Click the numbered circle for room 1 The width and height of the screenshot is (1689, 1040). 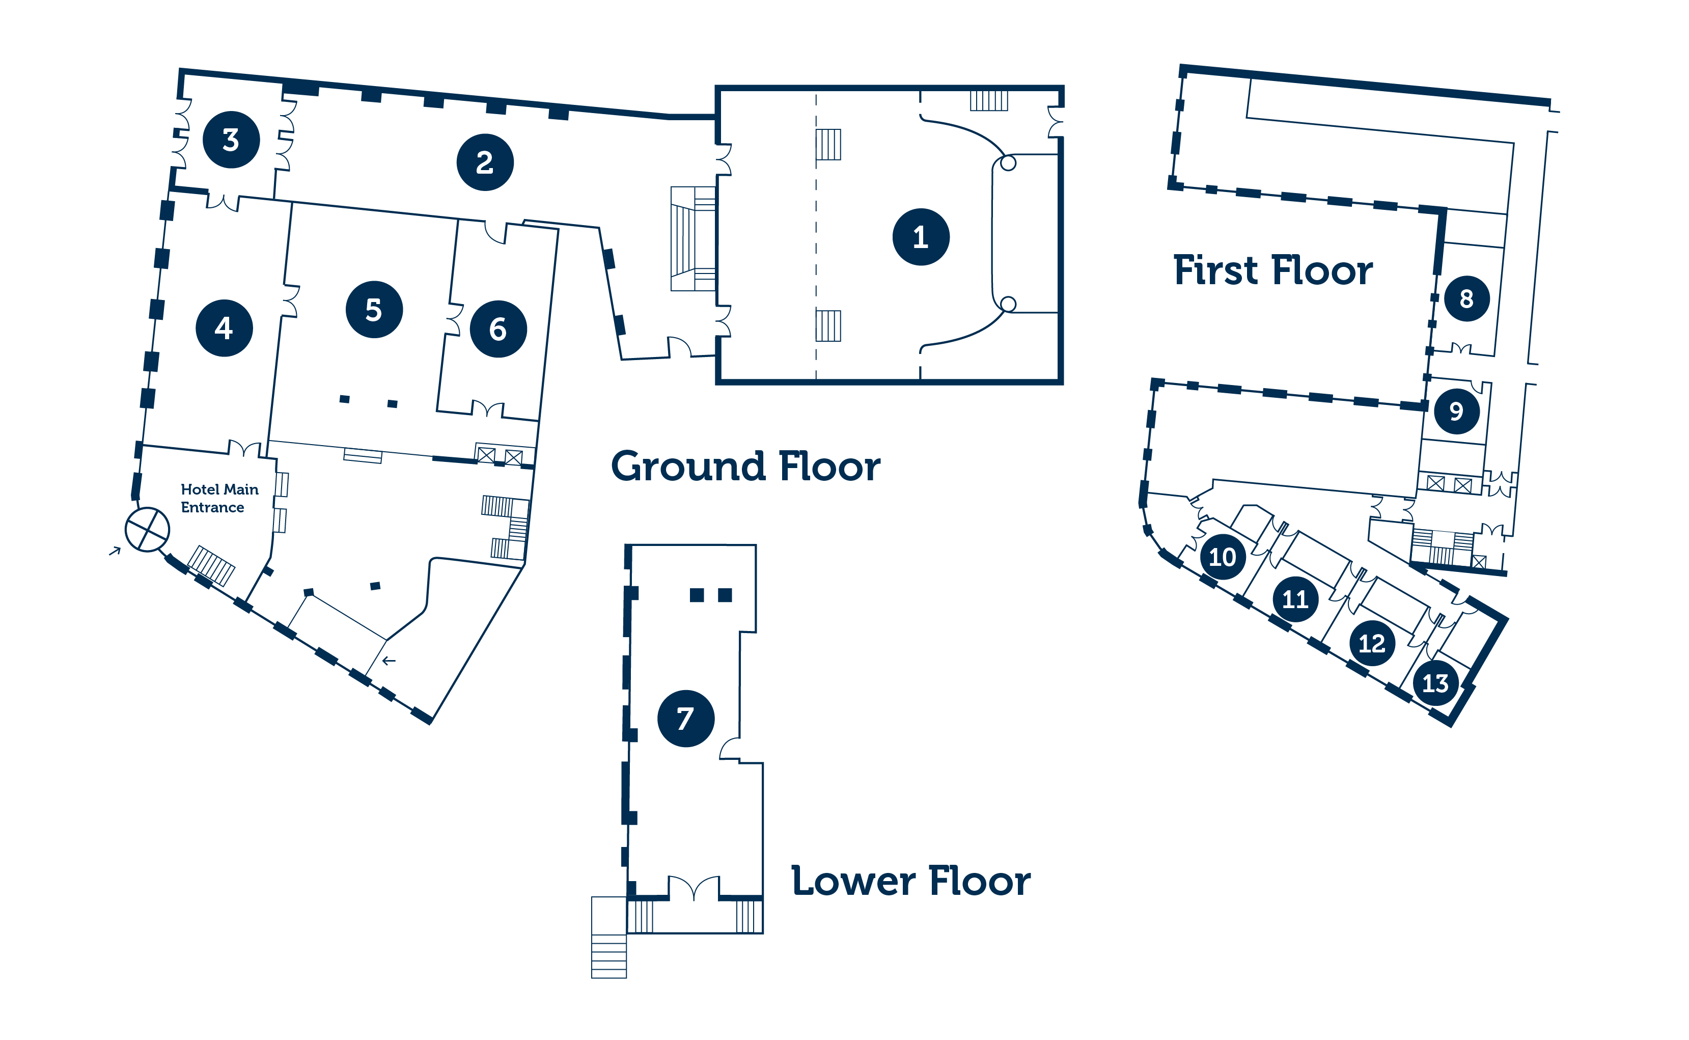coord(921,237)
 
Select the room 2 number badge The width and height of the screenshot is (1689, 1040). coord(485,162)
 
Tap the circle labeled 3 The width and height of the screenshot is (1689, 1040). coord(231,140)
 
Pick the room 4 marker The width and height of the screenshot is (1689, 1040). coord(224,328)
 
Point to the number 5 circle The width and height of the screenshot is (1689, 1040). coord(374,310)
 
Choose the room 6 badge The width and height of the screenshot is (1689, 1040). coord(499,329)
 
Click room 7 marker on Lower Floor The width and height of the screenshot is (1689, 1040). coord(686,719)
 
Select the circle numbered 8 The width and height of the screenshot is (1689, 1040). coord(1467,298)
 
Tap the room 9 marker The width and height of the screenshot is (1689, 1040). coord(1457,412)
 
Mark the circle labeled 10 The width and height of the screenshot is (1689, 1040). coord(1223,557)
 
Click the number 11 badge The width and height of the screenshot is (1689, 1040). coord(1295,599)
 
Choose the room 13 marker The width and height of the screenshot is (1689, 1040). coord(1436,683)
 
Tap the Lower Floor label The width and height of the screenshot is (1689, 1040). coord(911,881)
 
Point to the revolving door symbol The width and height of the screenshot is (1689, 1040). coord(147,530)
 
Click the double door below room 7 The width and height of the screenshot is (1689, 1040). coord(695,887)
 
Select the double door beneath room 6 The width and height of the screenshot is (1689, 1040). coord(488,408)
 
